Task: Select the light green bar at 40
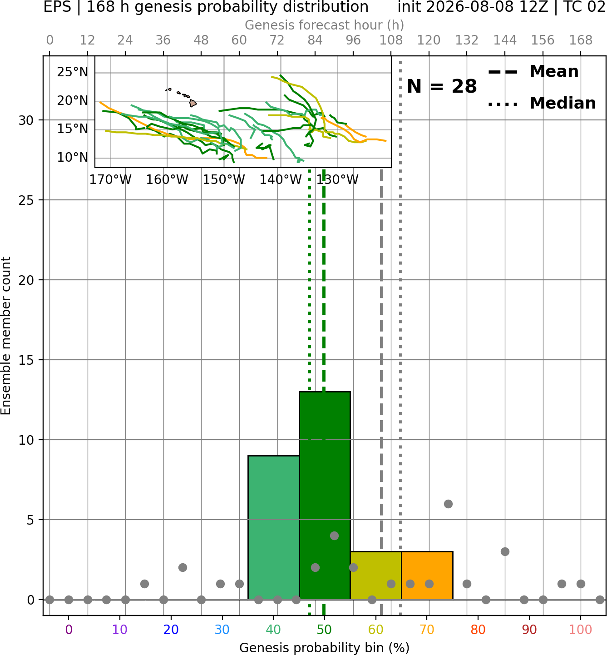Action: (x=274, y=527)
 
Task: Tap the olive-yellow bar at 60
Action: (x=376, y=576)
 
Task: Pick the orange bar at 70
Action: (x=427, y=576)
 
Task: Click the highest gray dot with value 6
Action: (x=448, y=504)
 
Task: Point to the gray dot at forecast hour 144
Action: (x=505, y=552)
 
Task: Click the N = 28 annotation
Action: (x=442, y=86)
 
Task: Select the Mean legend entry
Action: (x=533, y=72)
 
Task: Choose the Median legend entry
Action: (x=542, y=103)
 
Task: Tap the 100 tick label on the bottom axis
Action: (x=581, y=630)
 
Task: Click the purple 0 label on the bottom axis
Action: (x=69, y=630)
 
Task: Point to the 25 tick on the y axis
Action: (x=26, y=200)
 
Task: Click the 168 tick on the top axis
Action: (x=581, y=40)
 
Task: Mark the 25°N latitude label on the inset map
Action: (x=73, y=72)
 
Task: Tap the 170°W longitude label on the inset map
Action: (x=110, y=180)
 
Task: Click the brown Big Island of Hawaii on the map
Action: (x=193, y=104)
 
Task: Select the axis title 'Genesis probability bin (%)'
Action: (x=325, y=648)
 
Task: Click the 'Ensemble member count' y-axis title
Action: (x=5, y=336)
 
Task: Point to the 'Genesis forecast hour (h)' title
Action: (x=325, y=25)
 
